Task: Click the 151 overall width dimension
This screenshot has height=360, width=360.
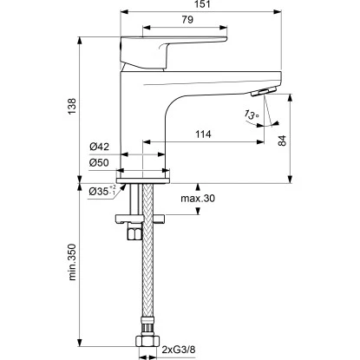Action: pos(202,4)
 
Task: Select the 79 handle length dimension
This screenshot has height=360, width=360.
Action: pos(187,20)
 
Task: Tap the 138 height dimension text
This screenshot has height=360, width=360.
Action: pos(72,106)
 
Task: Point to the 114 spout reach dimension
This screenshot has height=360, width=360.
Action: pos(203,134)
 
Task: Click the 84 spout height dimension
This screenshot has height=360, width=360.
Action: pos(282,141)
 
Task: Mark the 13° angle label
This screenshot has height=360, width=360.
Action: pos(251,115)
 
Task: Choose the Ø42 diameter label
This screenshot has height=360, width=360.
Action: pos(99,147)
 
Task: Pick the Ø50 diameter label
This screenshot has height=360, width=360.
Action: pos(99,163)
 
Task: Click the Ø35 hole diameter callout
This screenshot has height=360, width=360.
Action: pos(102,191)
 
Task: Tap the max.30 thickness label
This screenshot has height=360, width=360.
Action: pos(198,199)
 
